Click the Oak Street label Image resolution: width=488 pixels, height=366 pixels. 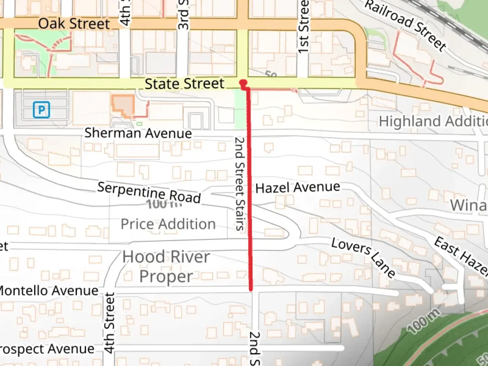74,24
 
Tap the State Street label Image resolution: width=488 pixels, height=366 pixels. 184,84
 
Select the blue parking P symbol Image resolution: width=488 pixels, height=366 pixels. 41,110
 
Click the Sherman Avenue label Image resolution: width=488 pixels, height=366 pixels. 138,133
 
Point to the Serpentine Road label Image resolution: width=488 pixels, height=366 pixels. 149,192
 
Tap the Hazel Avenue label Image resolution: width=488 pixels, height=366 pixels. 298,187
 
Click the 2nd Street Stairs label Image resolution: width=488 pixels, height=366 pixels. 240,183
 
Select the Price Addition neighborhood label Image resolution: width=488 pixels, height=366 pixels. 168,224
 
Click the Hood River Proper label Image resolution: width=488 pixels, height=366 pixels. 166,266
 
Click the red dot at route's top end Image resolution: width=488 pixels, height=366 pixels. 243,82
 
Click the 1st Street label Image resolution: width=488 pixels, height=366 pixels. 303,26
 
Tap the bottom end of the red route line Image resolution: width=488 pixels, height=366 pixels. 251,289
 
